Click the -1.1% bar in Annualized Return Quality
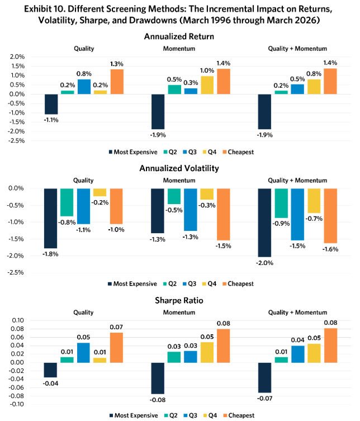pos(51,104)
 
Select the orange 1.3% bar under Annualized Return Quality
pos(117,82)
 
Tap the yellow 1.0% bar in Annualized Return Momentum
pos(207,85)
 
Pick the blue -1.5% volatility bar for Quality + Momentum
pos(297,214)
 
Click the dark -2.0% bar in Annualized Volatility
pos(264,223)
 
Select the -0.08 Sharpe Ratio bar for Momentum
pos(158,379)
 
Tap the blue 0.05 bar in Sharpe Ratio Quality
pos(83,353)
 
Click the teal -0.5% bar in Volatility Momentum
pos(174,196)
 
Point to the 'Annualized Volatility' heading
pos(179,168)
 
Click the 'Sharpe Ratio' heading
pos(179,300)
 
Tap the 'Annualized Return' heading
pos(179,36)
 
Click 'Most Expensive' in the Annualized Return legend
pos(136,152)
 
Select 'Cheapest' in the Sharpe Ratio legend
pos(241,415)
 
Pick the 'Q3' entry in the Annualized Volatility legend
pos(192,284)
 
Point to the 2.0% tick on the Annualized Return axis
pos(17,56)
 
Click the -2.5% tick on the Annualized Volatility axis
pos(16,272)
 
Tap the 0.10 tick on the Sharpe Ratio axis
pos(18,320)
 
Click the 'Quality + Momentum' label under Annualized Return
pos(297,49)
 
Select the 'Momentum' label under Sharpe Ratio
pos(179,313)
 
